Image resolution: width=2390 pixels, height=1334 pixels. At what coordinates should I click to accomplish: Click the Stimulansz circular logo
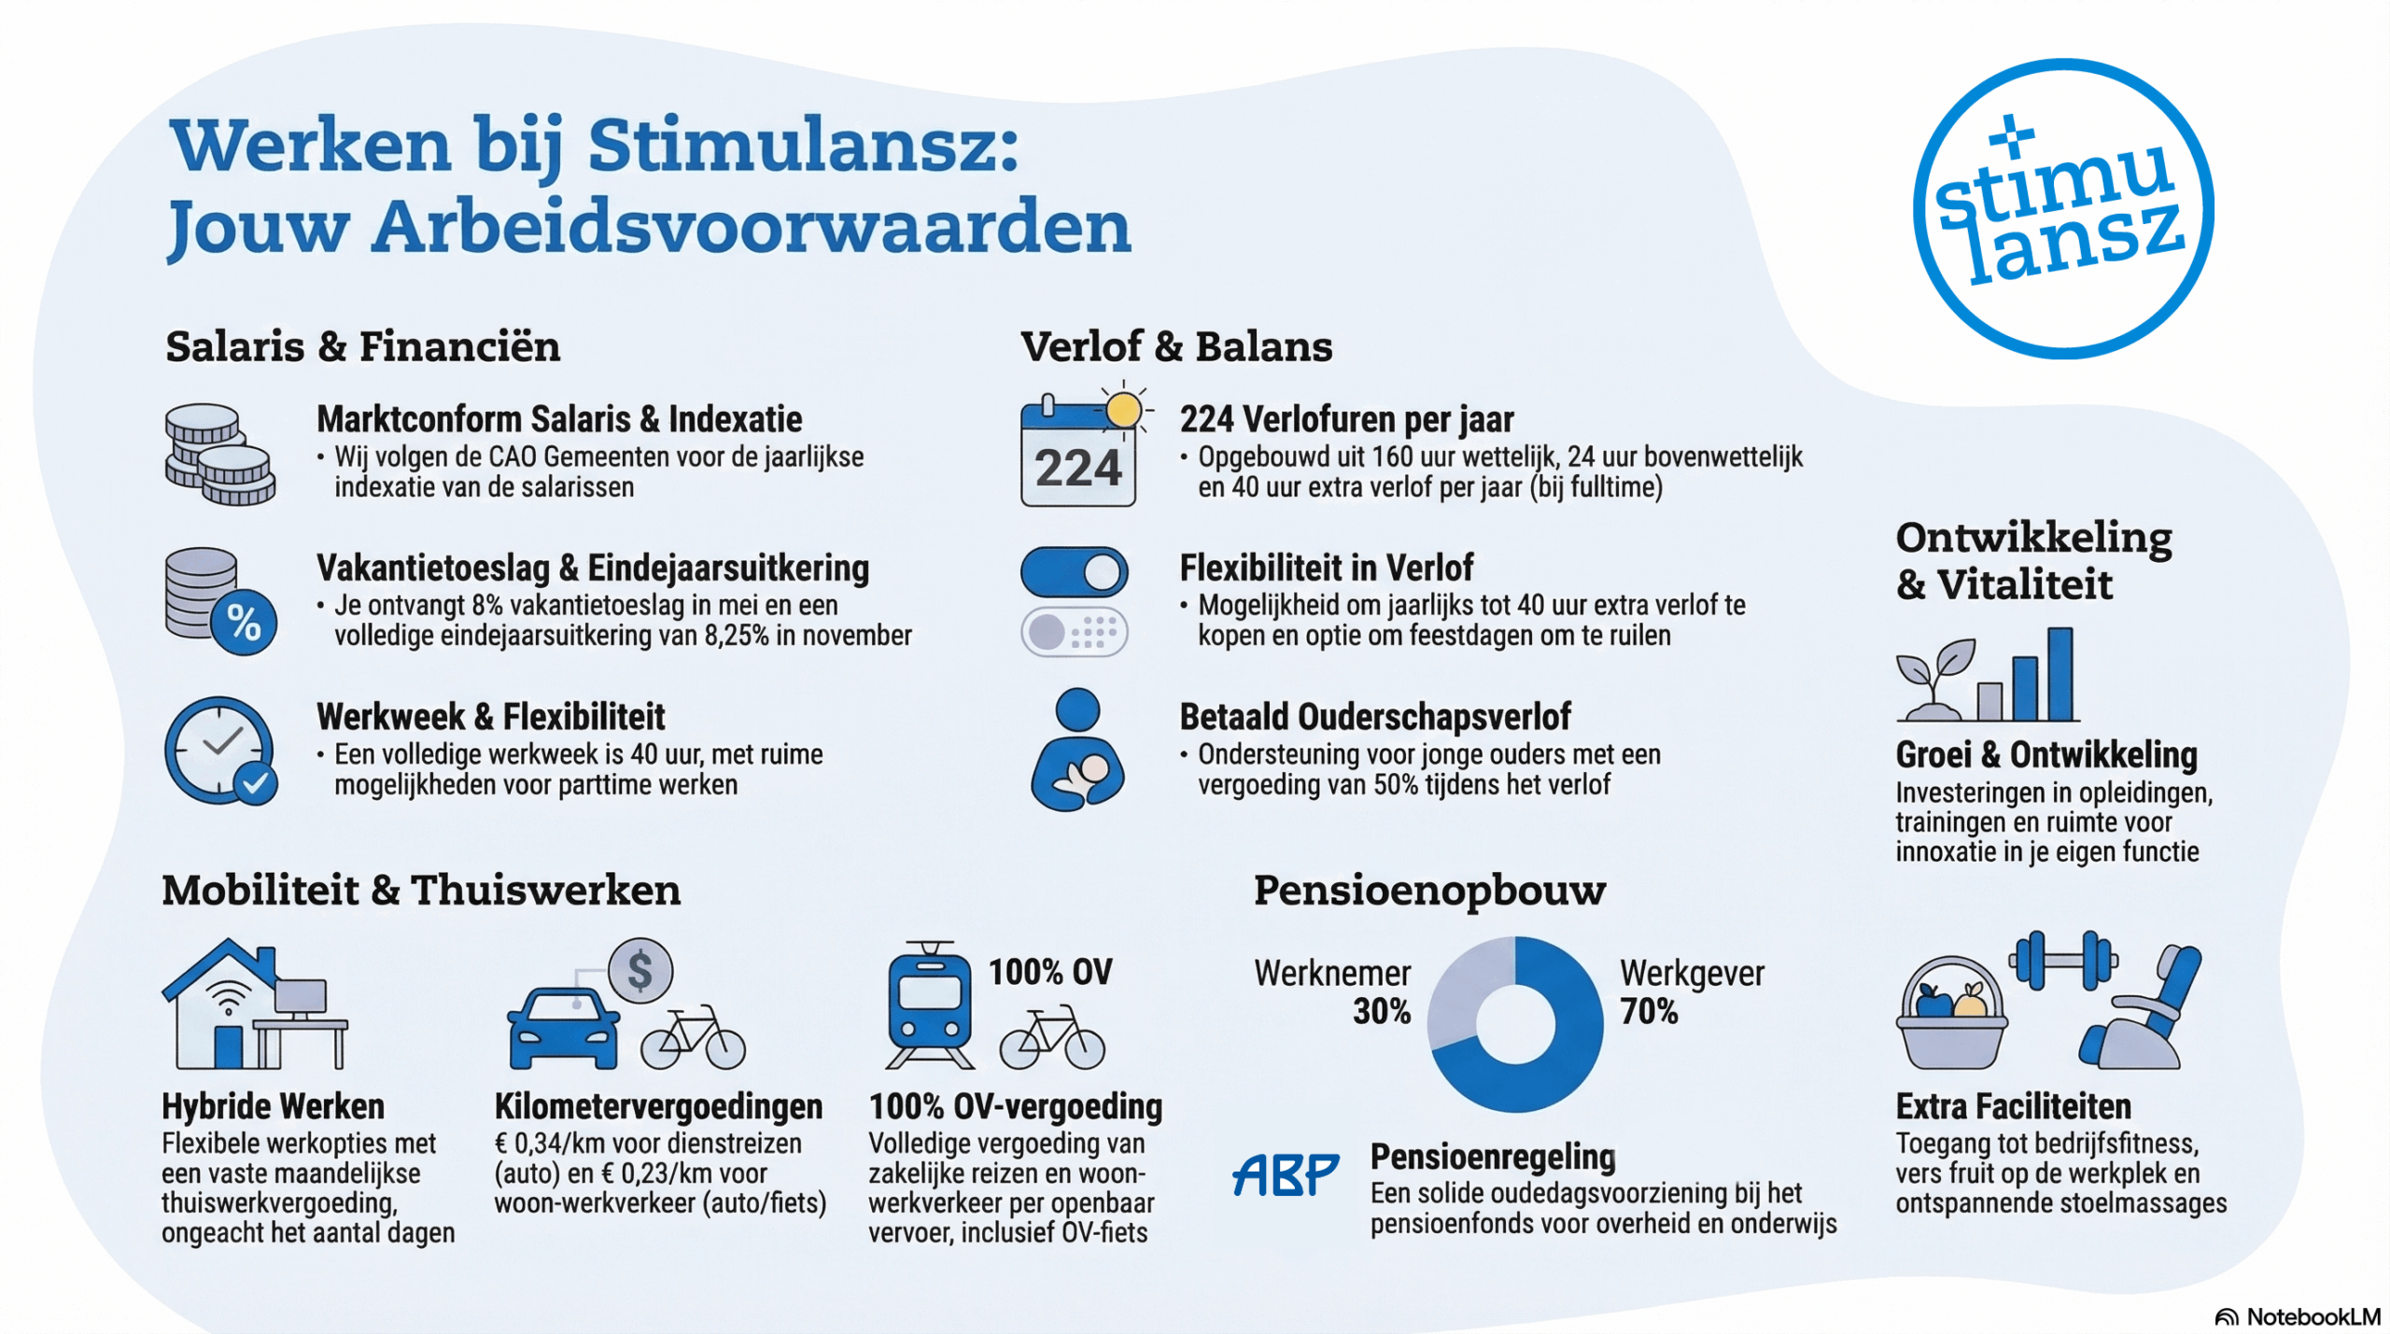[x=2062, y=208]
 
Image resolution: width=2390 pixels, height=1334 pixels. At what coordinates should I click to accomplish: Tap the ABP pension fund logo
[x=1285, y=1174]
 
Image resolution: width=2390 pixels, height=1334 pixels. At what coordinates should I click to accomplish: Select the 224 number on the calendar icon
[x=1077, y=468]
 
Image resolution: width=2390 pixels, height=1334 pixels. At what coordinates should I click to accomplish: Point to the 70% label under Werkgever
[x=1649, y=1012]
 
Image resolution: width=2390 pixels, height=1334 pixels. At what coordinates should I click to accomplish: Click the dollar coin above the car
[x=640, y=971]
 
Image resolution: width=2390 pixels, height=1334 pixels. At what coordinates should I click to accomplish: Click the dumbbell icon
[x=2064, y=961]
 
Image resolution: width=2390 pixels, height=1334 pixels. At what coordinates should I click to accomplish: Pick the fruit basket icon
[x=1951, y=1016]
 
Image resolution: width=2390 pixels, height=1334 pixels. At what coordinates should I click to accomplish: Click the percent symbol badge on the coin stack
[x=244, y=623]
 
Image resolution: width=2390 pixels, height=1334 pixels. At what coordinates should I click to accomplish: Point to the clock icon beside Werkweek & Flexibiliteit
[x=219, y=750]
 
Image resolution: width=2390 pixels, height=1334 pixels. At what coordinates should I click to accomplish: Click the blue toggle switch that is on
[x=1074, y=572]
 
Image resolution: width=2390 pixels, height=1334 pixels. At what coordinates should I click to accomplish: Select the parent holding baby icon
[x=1078, y=751]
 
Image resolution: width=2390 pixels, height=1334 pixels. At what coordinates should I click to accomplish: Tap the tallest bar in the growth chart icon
[x=2060, y=673]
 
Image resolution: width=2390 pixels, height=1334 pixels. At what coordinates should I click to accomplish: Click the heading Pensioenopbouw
[x=1429, y=890]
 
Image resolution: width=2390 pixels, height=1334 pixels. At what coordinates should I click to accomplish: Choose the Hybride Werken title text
[x=273, y=1106]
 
